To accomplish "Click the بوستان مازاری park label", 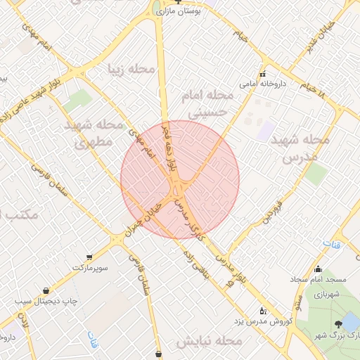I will (188, 13).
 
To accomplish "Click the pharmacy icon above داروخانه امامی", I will (263, 74).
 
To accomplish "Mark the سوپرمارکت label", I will (89, 268).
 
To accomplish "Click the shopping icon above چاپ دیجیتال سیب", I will (46, 290).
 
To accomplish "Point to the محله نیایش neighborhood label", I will (209, 341).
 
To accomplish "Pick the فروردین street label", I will (273, 211).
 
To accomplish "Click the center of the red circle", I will (180, 179).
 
